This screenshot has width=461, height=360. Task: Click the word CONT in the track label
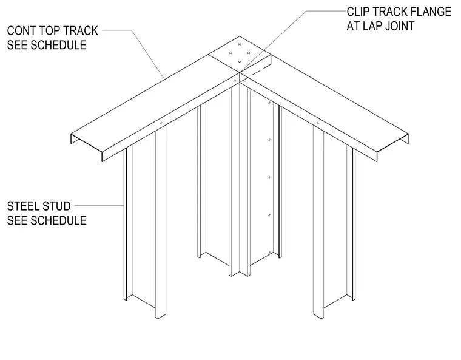tap(22, 30)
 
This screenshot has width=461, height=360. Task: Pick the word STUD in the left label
tap(58, 206)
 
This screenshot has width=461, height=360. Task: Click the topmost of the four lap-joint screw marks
tap(240, 44)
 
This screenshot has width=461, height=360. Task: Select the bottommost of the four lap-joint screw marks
tap(240, 62)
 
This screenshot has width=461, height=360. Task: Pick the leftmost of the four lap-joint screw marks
tap(231, 53)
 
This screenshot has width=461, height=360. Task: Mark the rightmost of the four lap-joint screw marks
tap(249, 53)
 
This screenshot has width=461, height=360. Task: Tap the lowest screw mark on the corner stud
tap(269, 253)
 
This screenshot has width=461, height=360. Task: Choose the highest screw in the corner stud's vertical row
tap(269, 103)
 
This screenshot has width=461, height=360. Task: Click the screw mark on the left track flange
tap(161, 123)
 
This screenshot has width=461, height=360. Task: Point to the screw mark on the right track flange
tap(317, 123)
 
